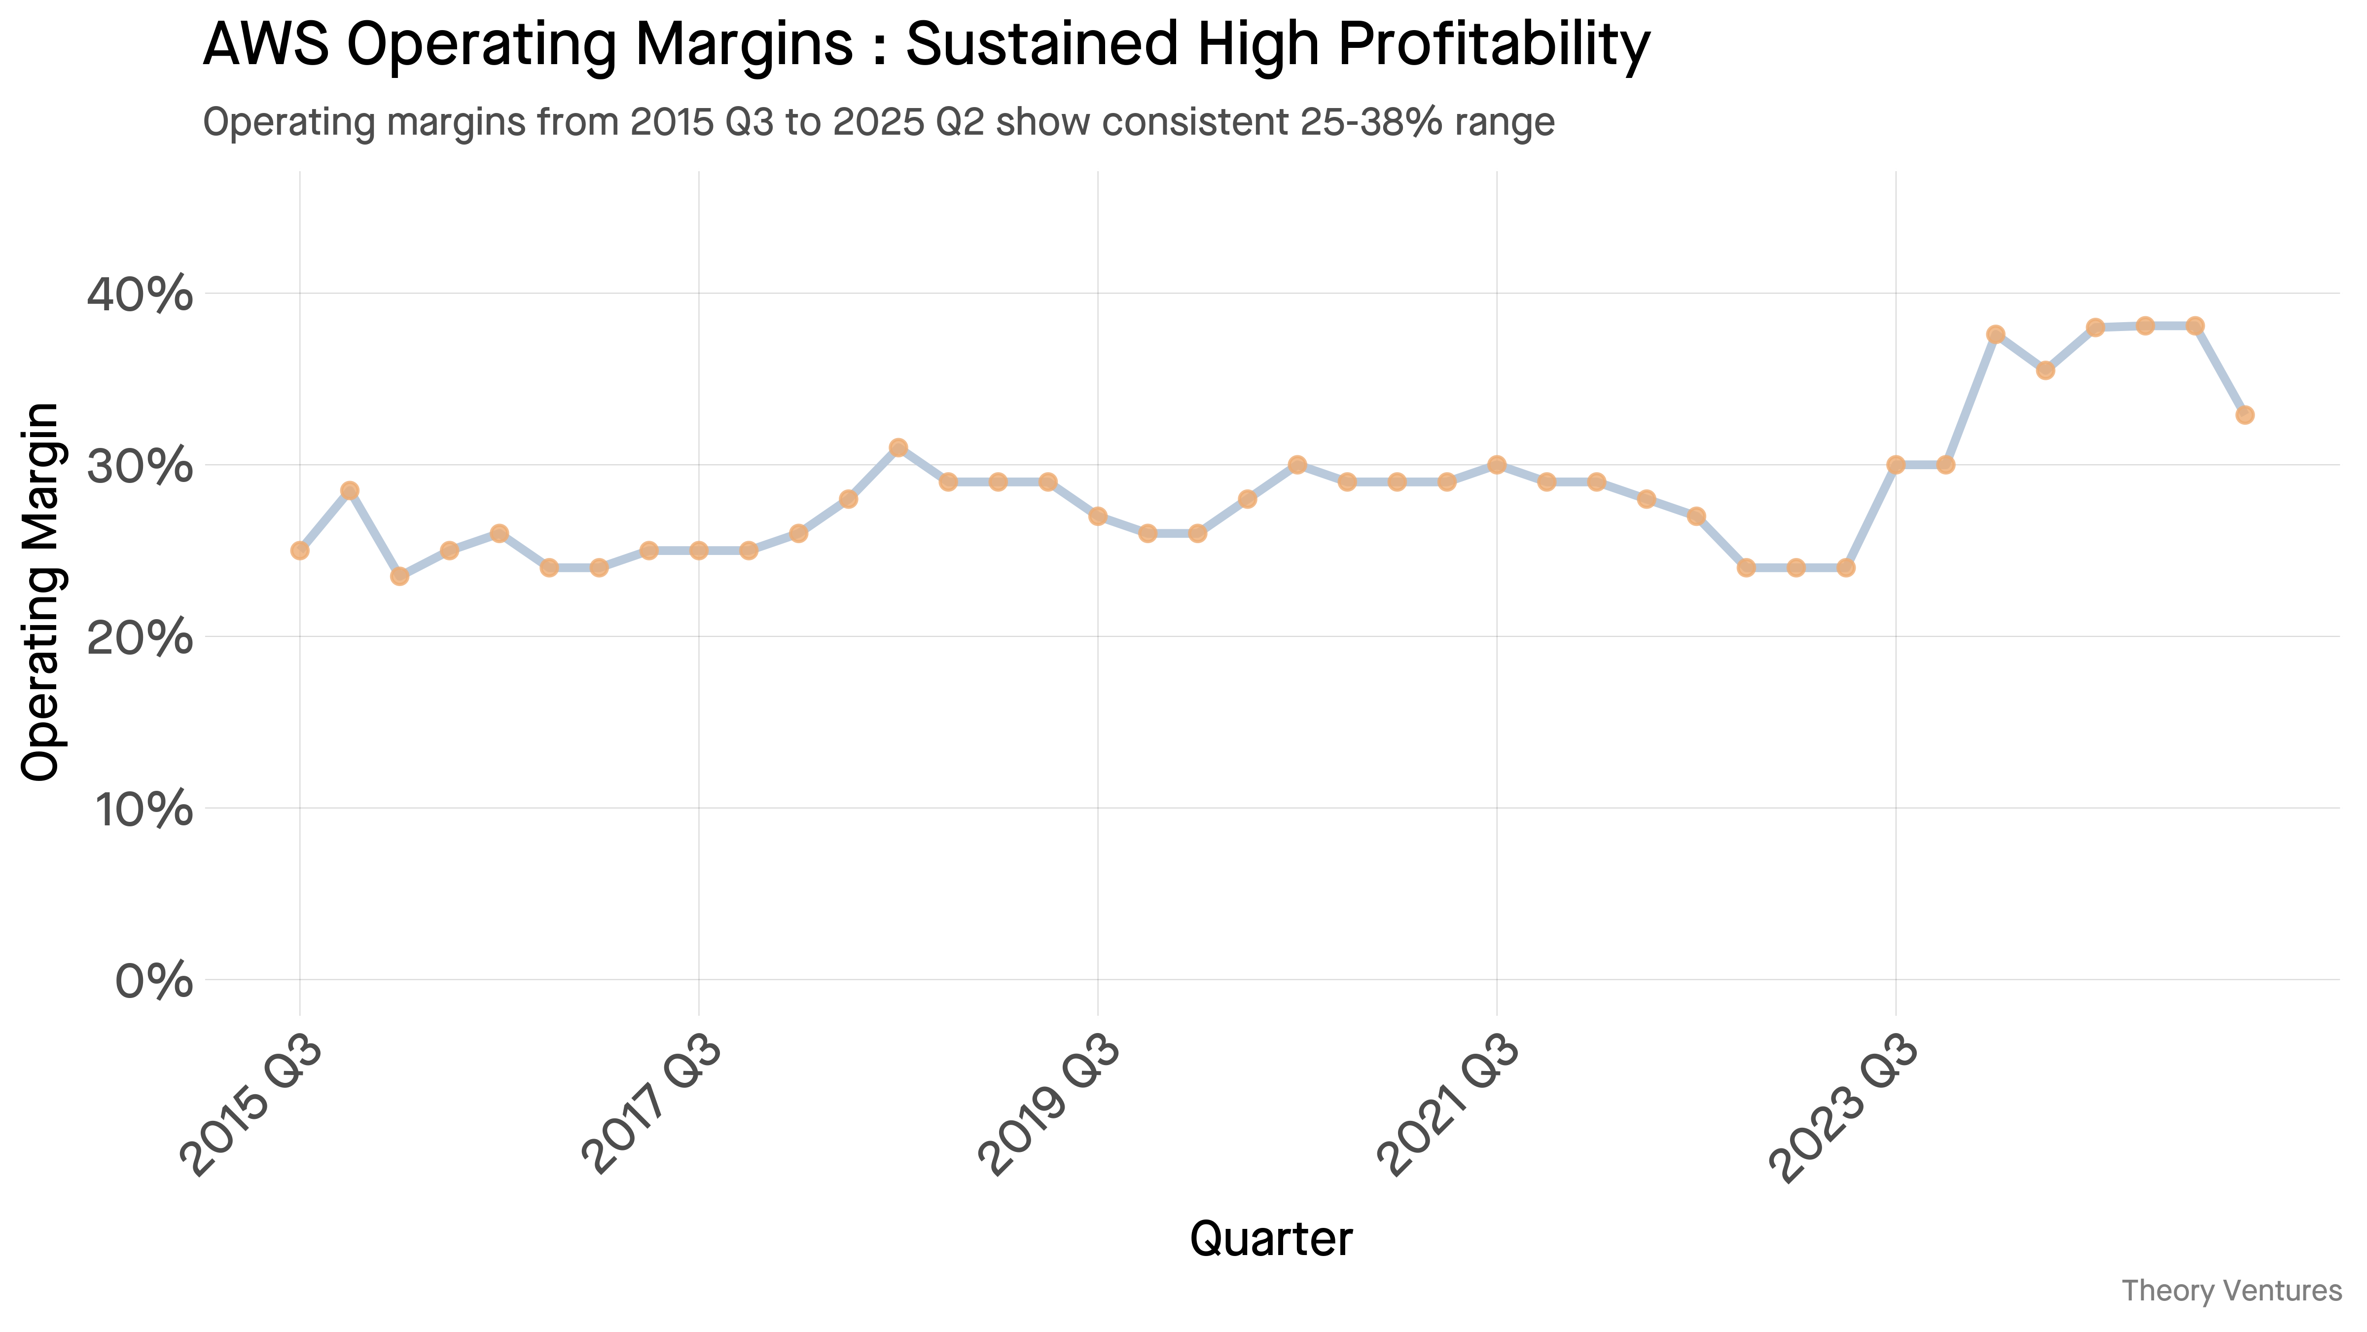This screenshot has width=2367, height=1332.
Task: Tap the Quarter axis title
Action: pos(1271,1239)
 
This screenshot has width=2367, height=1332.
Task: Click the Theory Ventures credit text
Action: pos(2231,1291)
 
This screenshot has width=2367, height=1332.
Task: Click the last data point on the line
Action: pos(2245,414)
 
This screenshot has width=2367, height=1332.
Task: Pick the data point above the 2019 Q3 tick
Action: pos(1098,516)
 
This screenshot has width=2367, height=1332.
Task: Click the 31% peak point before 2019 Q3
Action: pos(898,447)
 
